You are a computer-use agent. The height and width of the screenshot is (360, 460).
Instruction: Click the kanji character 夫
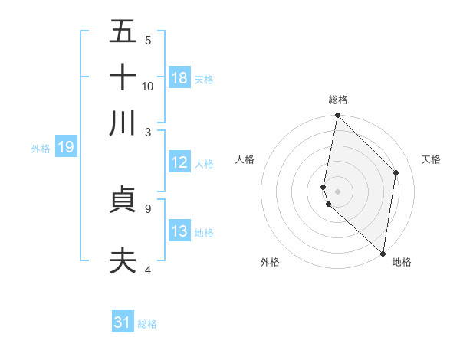click(123, 260)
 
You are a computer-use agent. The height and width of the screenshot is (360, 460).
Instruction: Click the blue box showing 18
click(179, 78)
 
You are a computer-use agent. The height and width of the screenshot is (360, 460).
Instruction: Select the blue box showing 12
click(179, 162)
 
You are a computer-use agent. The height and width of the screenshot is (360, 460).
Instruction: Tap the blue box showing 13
click(179, 231)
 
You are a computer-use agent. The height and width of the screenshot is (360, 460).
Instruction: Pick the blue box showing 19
click(65, 147)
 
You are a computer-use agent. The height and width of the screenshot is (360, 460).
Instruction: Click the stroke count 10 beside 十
click(148, 86)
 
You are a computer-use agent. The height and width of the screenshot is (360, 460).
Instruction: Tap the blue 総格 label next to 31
click(147, 324)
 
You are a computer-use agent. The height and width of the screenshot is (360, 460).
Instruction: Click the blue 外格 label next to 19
click(41, 148)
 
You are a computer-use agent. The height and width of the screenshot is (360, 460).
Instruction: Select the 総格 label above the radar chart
click(337, 100)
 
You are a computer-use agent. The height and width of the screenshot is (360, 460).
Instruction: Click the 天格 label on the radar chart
click(432, 159)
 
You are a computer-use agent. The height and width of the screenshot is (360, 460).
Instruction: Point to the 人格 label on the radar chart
click(245, 159)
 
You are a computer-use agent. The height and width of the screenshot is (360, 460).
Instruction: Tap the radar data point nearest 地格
click(383, 253)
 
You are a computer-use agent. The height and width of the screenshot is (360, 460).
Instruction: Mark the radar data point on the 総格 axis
click(337, 116)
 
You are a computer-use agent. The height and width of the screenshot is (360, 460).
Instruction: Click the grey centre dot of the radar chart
click(337, 191)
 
